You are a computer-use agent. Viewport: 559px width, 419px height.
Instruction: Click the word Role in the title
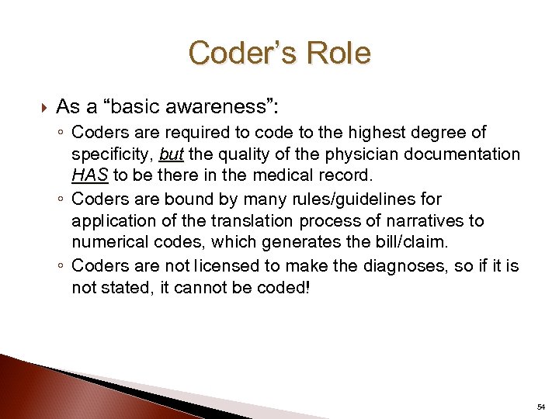337,54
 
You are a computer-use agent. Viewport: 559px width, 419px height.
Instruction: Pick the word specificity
112,154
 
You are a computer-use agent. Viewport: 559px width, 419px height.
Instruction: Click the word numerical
108,242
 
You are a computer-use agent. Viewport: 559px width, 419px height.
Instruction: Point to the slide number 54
540,407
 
